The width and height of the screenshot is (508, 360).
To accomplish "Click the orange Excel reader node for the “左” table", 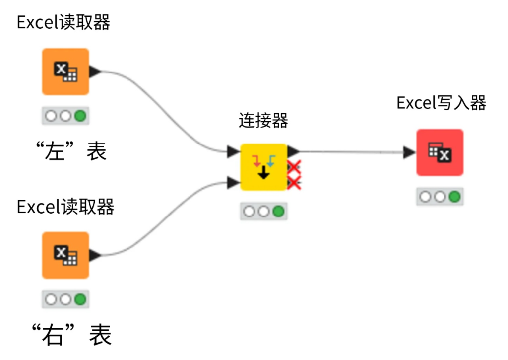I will click(x=65, y=72).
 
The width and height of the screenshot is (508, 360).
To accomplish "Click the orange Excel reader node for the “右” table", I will click(x=65, y=255).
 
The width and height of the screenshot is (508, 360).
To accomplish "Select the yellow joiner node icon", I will click(x=264, y=167).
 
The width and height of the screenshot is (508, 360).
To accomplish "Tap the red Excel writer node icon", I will click(x=440, y=152).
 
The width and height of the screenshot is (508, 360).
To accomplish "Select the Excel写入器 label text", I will click(x=441, y=103).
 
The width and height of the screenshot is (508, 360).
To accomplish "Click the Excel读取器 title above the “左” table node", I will click(x=63, y=23).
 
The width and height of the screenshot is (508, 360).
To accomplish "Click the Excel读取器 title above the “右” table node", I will click(x=65, y=207).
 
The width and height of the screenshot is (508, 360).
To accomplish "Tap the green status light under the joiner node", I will click(x=278, y=212).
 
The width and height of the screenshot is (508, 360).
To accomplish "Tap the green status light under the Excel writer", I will click(x=454, y=197).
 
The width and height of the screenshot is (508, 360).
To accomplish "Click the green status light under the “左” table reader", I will click(x=80, y=116).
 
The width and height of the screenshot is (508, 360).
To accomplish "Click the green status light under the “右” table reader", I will click(x=80, y=300).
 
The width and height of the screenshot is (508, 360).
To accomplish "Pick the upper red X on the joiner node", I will click(x=294, y=167).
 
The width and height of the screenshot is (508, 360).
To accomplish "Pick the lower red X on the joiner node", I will click(x=294, y=183).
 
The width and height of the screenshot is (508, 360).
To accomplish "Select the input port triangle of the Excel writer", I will click(x=409, y=152).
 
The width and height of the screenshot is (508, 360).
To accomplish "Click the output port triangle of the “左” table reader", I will click(x=95, y=72).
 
